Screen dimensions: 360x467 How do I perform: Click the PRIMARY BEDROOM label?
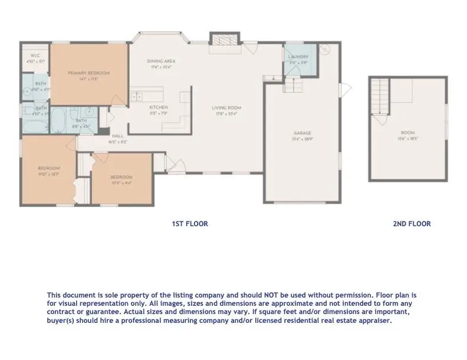[x=88, y=73]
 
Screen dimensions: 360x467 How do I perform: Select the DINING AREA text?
[x=161, y=61]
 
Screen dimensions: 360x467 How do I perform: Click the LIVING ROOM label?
[x=227, y=108]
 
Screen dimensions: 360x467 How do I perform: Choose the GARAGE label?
[x=302, y=133]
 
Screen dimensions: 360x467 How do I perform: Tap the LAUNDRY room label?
[x=295, y=57]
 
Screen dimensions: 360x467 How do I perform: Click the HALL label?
[x=117, y=136]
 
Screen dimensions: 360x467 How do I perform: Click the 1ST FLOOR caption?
[x=189, y=224]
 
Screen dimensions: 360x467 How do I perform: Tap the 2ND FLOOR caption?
[x=412, y=224]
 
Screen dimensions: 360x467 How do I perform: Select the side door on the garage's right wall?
[x=347, y=89]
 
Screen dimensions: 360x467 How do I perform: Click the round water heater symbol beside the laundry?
[x=324, y=51]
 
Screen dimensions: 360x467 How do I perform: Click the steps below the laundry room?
[x=293, y=86]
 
